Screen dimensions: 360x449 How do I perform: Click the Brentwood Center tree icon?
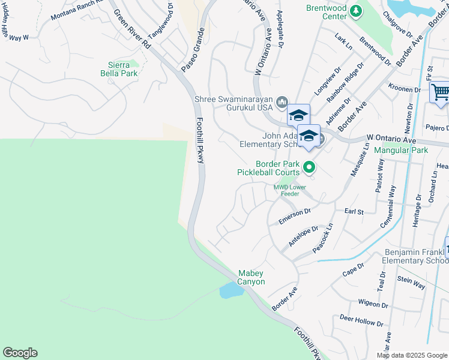pyautogui.click(x=356, y=10)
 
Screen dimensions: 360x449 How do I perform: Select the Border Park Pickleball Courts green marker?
pyautogui.click(x=309, y=167)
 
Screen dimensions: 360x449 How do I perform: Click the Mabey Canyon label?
pyautogui.click(x=252, y=277)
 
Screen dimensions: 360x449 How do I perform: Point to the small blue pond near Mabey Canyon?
pyautogui.click(x=231, y=291)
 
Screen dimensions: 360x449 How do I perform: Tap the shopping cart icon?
pyautogui.click(x=440, y=92)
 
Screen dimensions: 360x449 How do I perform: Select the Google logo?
pyautogui.click(x=20, y=353)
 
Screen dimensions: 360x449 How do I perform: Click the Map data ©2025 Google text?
pyautogui.click(x=411, y=355)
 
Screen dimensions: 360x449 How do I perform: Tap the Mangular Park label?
pyautogui.click(x=402, y=150)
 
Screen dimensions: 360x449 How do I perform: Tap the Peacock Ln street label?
pyautogui.click(x=323, y=238)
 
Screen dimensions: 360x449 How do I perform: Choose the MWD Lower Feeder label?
pyautogui.click(x=291, y=190)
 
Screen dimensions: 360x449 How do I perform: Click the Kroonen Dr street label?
pyautogui.click(x=404, y=89)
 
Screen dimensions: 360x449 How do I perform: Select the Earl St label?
pyautogui.click(x=354, y=212)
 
